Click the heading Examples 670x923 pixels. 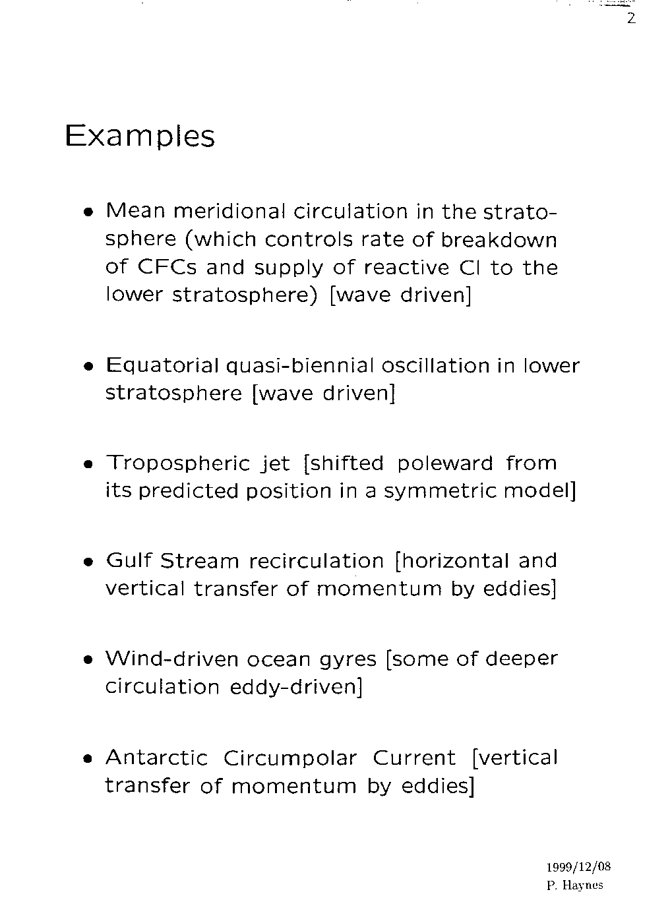pyautogui.click(x=140, y=136)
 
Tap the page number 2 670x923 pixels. pyautogui.click(x=631, y=19)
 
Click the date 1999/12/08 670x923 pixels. pyautogui.click(x=574, y=867)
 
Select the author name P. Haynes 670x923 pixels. pyautogui.click(x=575, y=885)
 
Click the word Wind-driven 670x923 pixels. pyautogui.click(x=172, y=659)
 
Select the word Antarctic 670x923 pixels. pyautogui.click(x=156, y=758)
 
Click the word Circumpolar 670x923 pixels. pyautogui.click(x=290, y=758)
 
